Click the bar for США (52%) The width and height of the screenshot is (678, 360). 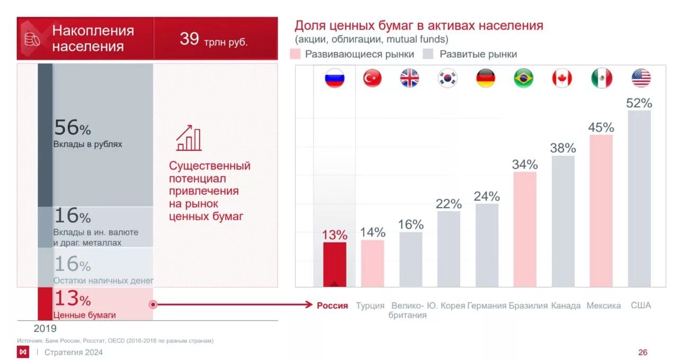click(639, 199)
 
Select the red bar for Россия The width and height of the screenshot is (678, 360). click(335, 264)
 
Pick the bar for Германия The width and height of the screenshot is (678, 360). click(487, 245)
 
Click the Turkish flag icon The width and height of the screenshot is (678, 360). click(372, 78)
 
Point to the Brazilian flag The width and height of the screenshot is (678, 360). click(523, 78)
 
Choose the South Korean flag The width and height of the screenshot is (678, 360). click(448, 78)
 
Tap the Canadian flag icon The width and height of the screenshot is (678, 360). click(562, 78)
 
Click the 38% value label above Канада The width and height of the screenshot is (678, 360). click(563, 148)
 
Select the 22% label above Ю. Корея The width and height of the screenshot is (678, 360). click(449, 204)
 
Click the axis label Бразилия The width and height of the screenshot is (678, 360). click(528, 305)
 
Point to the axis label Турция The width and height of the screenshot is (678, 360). click(370, 305)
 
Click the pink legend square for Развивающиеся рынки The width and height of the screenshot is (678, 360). click(296, 54)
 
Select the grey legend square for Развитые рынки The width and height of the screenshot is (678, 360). click(428, 54)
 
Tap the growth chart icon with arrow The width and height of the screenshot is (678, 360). click(189, 138)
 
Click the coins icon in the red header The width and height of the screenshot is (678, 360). click(32, 39)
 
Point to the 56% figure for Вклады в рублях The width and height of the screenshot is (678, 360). click(72, 128)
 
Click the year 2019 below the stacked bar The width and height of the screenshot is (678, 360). click(45, 328)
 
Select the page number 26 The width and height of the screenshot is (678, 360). click(643, 352)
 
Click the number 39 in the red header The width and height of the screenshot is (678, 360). click(189, 39)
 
